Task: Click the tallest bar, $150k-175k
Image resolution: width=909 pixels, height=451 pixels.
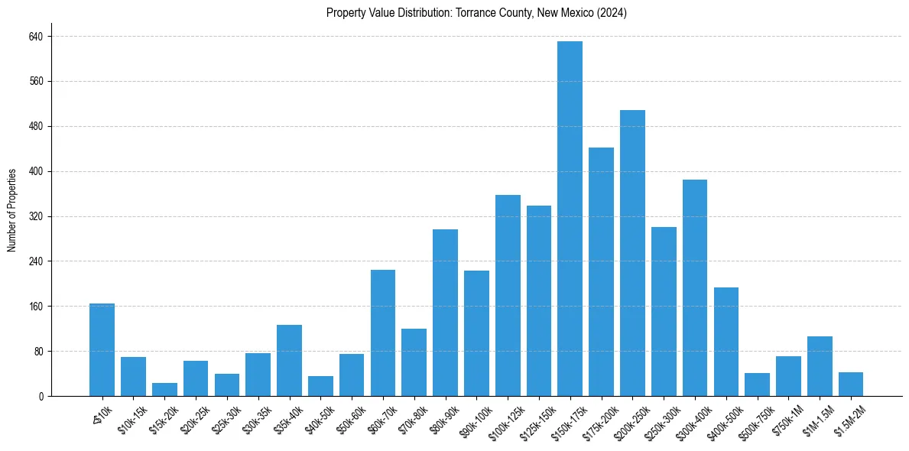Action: (x=570, y=219)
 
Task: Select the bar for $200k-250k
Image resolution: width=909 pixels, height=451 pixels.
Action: (x=632, y=253)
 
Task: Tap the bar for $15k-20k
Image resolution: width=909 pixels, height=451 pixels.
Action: (x=164, y=390)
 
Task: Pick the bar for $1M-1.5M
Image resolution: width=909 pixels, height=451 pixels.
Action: (x=820, y=366)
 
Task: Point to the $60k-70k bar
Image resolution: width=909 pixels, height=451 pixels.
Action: (x=383, y=333)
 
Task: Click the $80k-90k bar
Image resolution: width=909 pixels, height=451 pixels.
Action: (x=445, y=313)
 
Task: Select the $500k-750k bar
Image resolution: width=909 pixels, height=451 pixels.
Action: (x=757, y=384)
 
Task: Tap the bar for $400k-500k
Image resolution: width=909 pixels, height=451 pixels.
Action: (x=726, y=342)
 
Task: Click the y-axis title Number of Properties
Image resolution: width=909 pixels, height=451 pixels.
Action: (x=12, y=210)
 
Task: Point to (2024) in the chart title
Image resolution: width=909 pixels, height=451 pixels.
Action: (x=612, y=13)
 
